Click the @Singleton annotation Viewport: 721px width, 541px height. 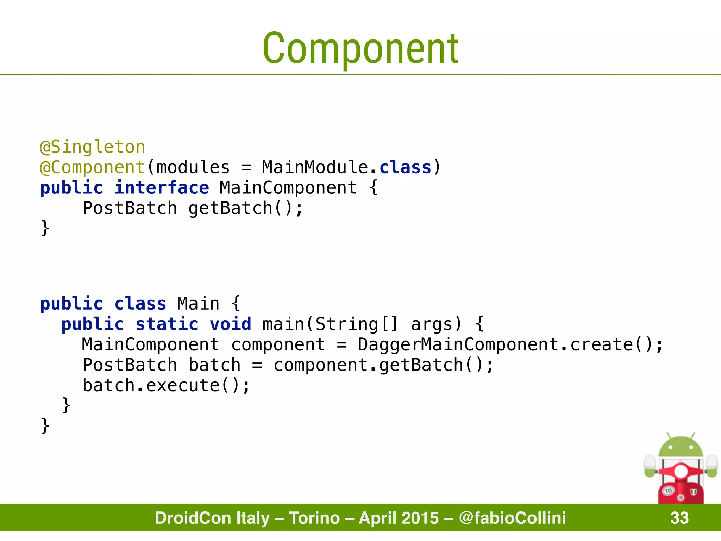pos(93,147)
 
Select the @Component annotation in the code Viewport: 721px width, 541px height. pos(93,167)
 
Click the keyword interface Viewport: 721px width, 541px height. pos(162,187)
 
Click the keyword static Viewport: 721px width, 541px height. pos(167,324)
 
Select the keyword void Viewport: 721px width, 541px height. pos(231,324)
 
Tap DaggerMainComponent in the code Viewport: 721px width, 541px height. pos(458,344)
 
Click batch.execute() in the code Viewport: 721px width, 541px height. pos(166,385)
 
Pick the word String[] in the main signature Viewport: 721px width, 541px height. pos(356,324)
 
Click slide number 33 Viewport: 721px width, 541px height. pos(679,518)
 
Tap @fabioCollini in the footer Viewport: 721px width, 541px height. pos(512,518)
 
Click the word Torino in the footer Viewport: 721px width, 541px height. pos(314,518)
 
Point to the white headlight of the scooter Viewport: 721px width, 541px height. pos(681,471)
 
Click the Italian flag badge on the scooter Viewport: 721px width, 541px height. pos(694,492)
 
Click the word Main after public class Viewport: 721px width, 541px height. pos(198,304)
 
